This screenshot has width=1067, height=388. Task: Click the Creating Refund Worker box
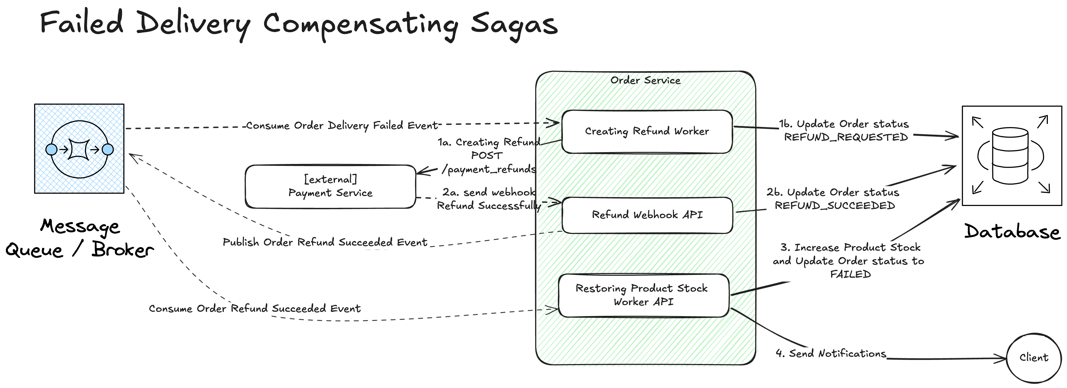[x=647, y=132]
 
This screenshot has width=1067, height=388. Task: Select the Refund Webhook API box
[x=647, y=215]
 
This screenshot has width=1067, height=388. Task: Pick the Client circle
[x=1034, y=358]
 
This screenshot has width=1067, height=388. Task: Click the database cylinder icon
[x=1010, y=156]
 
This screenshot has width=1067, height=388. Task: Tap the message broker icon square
[x=79, y=149]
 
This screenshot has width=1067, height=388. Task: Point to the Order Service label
[x=645, y=80]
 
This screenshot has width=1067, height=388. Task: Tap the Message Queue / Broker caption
[x=80, y=238]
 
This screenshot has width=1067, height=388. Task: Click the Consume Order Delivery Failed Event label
[x=342, y=125]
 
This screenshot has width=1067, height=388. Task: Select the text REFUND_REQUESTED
[x=846, y=137]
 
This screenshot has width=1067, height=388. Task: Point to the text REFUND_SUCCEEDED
[x=835, y=206]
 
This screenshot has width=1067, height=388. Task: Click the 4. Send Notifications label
[x=831, y=353]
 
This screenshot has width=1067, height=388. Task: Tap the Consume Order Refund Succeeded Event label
[x=255, y=309]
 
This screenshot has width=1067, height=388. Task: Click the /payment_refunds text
[x=489, y=169]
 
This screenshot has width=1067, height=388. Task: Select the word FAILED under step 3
[x=850, y=274]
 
